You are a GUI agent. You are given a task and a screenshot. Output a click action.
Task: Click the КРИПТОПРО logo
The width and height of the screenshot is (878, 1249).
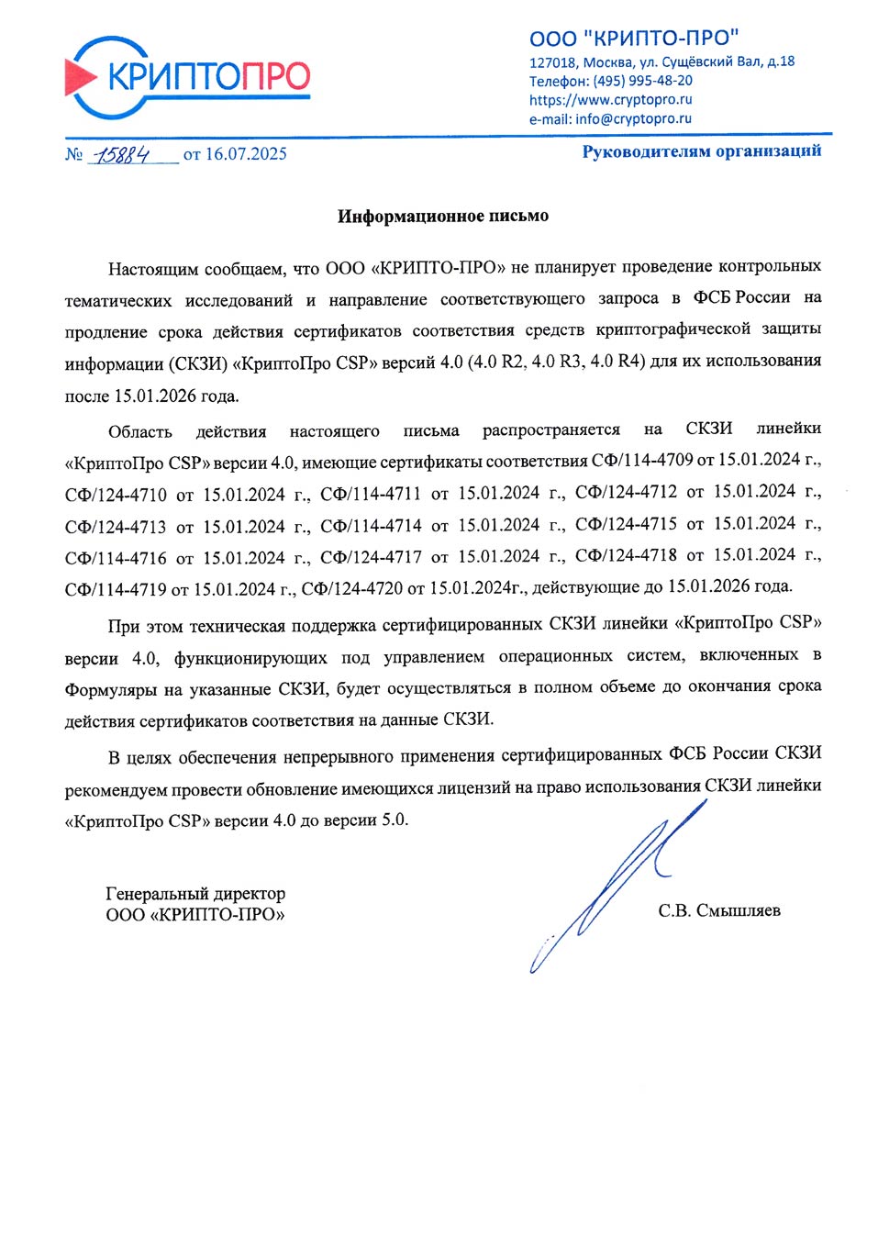pyautogui.click(x=188, y=77)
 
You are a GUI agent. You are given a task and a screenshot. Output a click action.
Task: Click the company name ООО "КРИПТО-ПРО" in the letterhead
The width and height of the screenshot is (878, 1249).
pyautogui.click(x=634, y=38)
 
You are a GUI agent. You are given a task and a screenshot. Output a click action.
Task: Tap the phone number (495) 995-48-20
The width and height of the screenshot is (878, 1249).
pyautogui.click(x=642, y=81)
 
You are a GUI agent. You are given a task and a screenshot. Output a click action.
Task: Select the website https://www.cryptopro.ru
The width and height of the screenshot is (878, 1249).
pyautogui.click(x=610, y=100)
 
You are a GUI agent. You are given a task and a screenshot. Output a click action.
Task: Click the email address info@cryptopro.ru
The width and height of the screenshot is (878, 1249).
pyautogui.click(x=633, y=119)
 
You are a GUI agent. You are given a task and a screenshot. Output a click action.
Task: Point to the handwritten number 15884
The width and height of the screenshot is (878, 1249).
pyautogui.click(x=122, y=154)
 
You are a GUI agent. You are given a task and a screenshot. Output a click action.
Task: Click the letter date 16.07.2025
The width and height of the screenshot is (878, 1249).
pyautogui.click(x=246, y=154)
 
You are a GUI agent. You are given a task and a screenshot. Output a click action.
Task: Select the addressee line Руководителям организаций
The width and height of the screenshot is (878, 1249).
pyautogui.click(x=701, y=151)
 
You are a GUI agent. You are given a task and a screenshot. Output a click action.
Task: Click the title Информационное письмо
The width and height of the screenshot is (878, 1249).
pyautogui.click(x=442, y=217)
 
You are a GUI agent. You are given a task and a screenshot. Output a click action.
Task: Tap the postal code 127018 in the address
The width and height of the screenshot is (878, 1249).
pyautogui.click(x=552, y=62)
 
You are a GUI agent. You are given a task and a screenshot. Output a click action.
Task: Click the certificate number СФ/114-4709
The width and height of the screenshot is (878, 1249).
pyautogui.click(x=642, y=460)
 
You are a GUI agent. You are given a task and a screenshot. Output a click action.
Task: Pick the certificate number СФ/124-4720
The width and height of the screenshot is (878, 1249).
pyautogui.click(x=351, y=588)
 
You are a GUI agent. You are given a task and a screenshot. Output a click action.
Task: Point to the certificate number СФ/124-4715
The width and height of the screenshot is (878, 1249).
pyautogui.click(x=626, y=524)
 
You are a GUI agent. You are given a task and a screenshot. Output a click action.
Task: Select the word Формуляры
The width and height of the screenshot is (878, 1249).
pyautogui.click(x=110, y=689)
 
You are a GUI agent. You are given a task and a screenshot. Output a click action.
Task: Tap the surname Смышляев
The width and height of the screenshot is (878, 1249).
pyautogui.click(x=738, y=911)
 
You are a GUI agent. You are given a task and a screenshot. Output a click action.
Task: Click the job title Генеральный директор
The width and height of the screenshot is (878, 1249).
pyautogui.click(x=195, y=894)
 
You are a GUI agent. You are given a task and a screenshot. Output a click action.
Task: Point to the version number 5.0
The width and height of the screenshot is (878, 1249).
pyautogui.click(x=394, y=820)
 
